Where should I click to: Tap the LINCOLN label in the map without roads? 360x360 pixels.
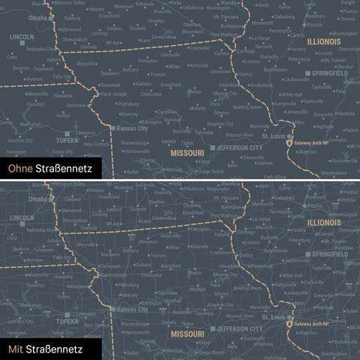(22, 36)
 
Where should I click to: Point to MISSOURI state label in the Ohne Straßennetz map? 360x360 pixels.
(187, 152)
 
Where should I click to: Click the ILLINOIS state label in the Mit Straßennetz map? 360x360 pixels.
(324, 223)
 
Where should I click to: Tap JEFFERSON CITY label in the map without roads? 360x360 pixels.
(239, 148)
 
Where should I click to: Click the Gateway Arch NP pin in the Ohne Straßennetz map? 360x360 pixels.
(289, 140)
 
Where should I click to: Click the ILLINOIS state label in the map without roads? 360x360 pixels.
(324, 42)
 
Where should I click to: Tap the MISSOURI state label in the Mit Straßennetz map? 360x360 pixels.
(187, 333)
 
